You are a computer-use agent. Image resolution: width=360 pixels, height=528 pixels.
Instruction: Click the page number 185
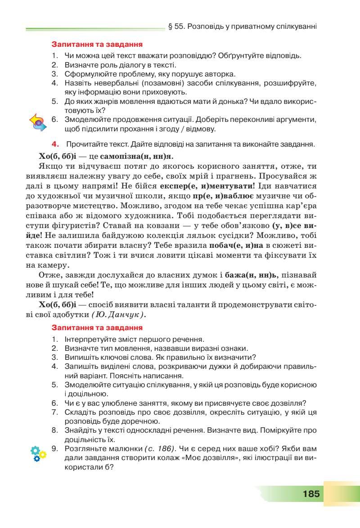[x=311, y=493]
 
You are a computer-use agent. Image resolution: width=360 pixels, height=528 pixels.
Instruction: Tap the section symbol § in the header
[x=170, y=27]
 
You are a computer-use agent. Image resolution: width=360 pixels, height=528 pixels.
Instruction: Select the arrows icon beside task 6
[x=38, y=122]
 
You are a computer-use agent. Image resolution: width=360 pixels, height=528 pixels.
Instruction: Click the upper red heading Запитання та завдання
[x=97, y=45]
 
